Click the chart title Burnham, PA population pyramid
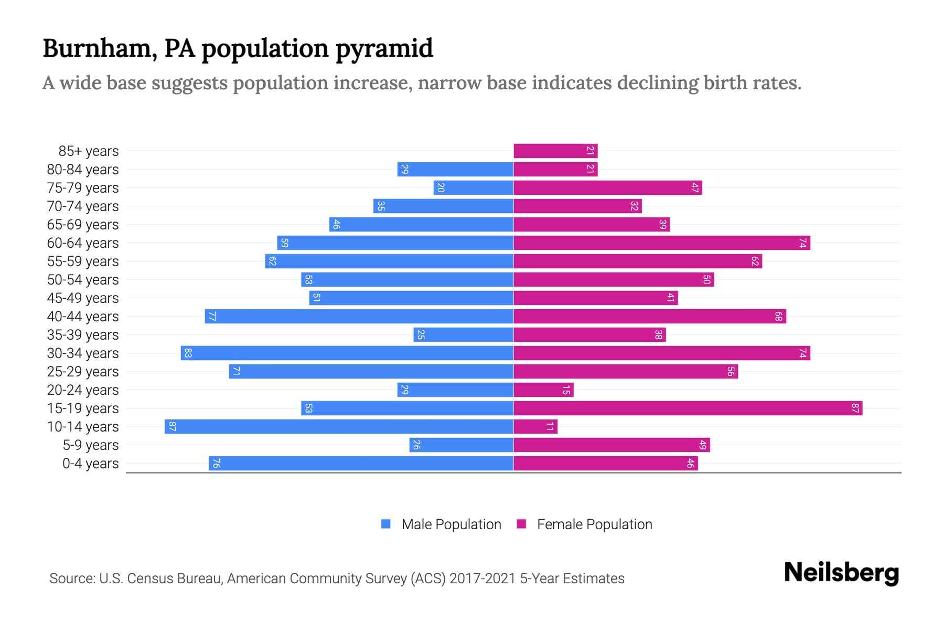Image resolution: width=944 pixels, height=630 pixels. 238,48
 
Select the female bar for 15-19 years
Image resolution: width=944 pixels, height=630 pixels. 688,408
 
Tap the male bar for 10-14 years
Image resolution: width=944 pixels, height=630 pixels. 339,426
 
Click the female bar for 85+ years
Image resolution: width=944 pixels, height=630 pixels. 555,151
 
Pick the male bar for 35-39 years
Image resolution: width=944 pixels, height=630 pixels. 463,334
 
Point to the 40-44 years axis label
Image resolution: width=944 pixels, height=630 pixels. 83,317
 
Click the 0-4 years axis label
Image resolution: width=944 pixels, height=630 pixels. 90,464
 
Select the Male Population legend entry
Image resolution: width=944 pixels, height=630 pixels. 451,524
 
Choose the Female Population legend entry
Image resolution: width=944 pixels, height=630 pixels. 594,524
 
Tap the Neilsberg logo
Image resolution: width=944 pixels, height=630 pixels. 841,573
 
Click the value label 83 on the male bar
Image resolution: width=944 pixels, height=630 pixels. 188,353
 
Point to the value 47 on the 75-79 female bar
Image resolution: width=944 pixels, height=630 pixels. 695,188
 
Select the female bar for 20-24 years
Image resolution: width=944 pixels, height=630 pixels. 543,390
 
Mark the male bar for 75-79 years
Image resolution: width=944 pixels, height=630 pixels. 473,187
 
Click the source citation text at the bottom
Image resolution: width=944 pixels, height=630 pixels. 337,579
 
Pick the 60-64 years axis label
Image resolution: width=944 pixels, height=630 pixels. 83,243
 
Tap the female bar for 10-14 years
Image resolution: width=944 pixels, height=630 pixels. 535,426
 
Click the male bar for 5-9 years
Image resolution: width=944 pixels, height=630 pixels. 461,445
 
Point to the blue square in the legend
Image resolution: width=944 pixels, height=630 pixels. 386,524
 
